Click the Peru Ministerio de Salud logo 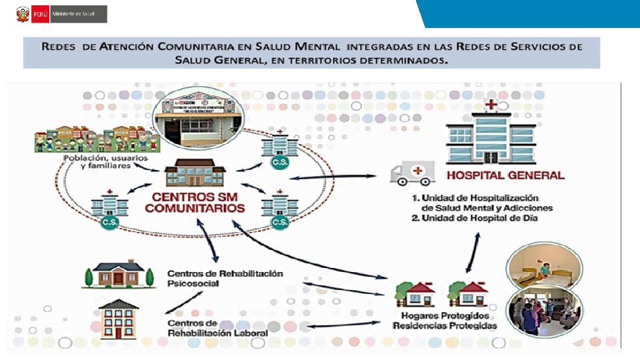tap(61, 14)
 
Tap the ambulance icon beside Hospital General tap(412, 173)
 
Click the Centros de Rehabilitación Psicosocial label tap(225, 278)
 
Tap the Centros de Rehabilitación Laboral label tap(217, 328)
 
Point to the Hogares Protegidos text tap(445, 315)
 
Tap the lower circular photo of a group tap(544, 311)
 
